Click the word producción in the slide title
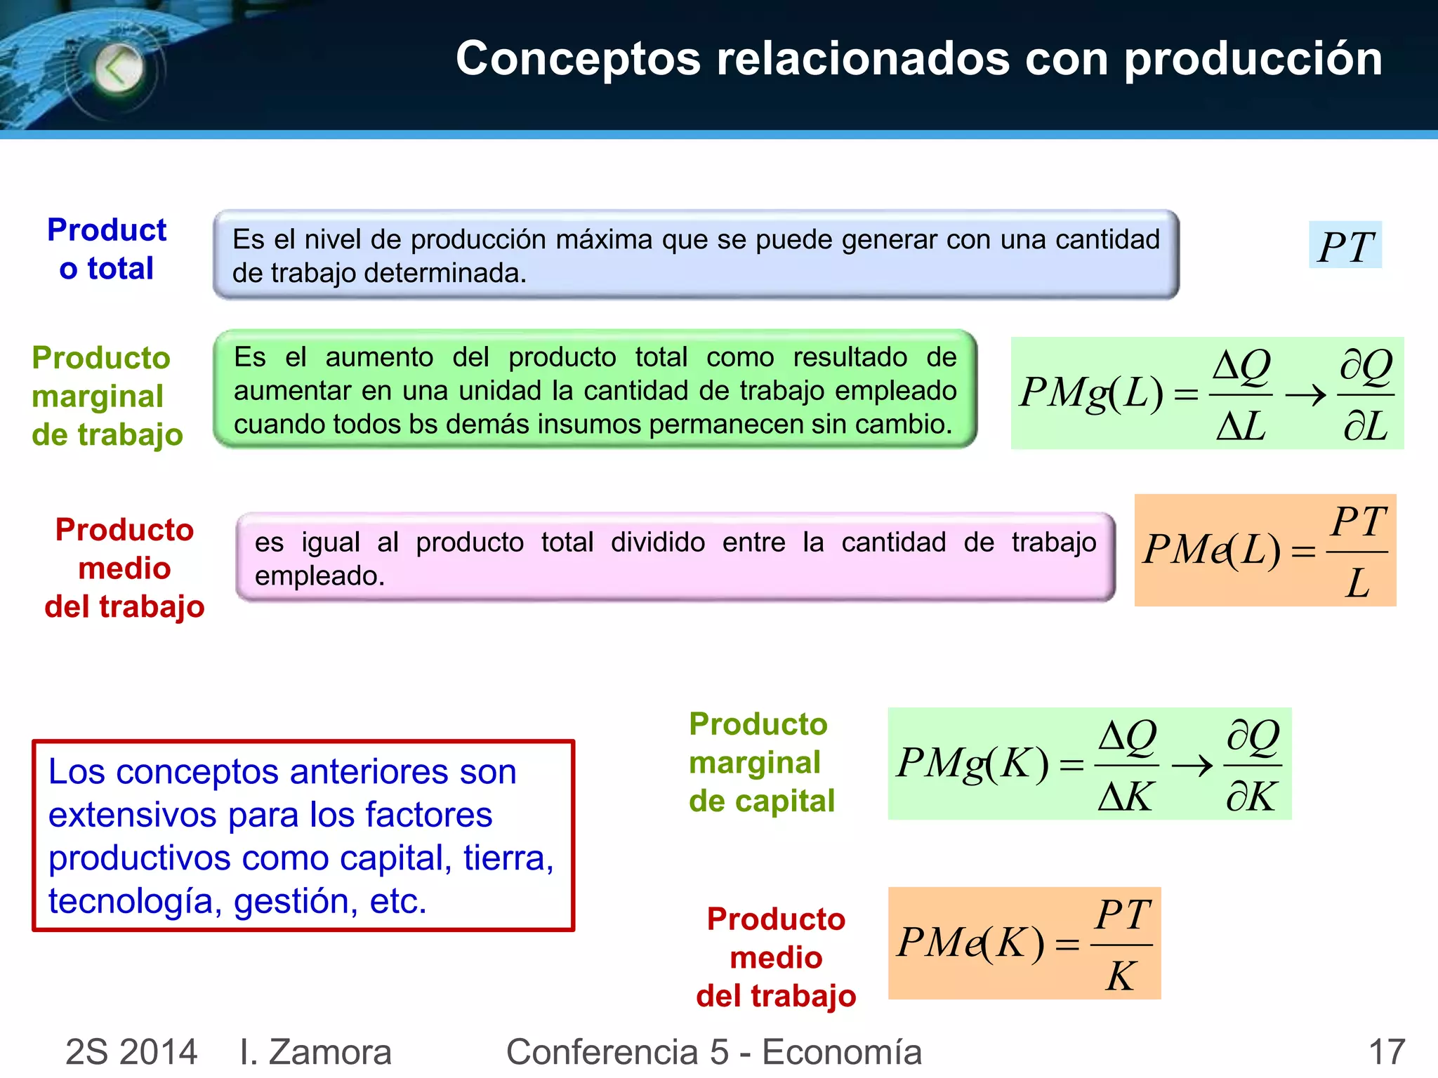1253,59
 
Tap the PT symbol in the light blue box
1345,246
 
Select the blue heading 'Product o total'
107,249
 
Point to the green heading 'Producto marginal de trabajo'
107,397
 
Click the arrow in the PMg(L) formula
1305,395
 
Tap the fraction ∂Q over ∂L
1366,395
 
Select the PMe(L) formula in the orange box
1265,551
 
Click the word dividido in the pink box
657,543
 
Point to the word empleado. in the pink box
319,576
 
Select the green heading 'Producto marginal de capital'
761,763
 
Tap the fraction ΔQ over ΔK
1127,765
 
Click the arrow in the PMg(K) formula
1192,765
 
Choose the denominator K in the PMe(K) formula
1121,976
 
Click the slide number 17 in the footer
1387,1052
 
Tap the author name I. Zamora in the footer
315,1052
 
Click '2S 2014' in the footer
131,1052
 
